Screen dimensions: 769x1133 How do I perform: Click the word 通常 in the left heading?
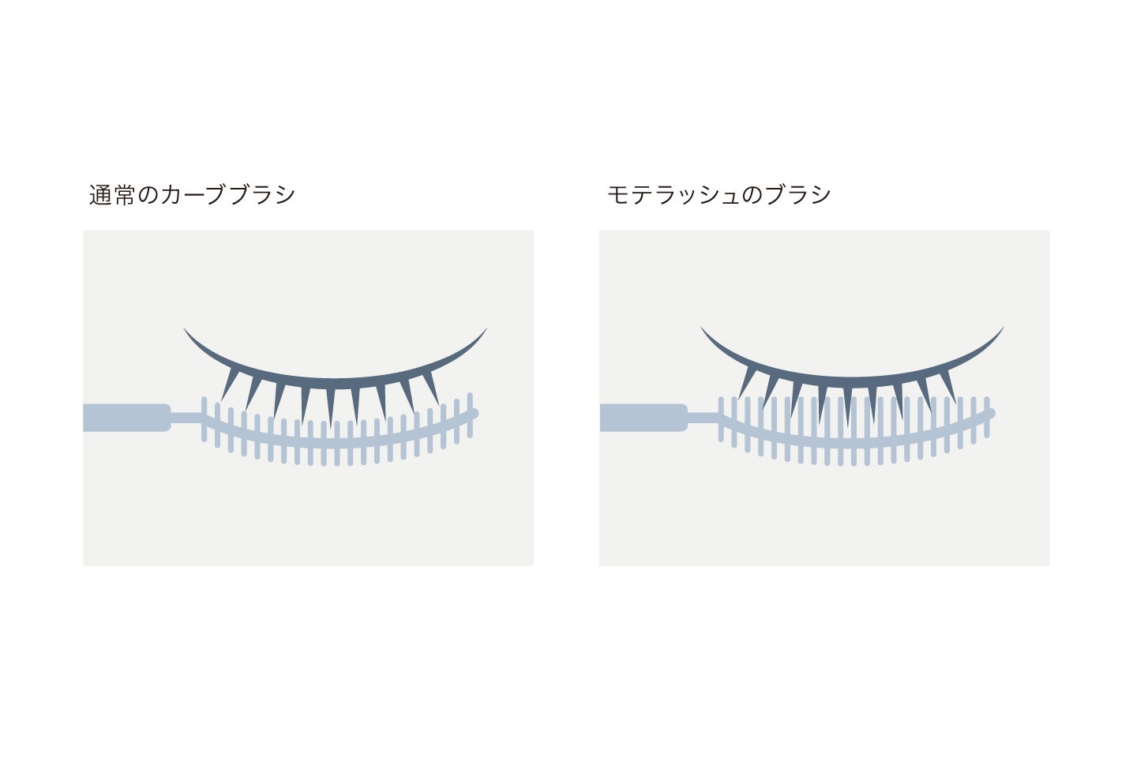113,195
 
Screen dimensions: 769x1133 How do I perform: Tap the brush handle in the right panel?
643,418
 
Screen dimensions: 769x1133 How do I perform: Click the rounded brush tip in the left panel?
474,412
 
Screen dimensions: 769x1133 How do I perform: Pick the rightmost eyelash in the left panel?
431,384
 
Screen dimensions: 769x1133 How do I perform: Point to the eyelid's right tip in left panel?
485,329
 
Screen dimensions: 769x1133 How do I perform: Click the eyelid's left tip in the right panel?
702,328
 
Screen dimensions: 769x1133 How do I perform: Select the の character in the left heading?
149,195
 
